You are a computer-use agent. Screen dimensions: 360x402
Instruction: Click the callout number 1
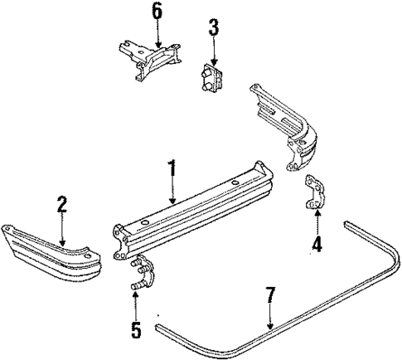tap(172, 172)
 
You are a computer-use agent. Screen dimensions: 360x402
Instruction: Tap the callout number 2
tap(61, 203)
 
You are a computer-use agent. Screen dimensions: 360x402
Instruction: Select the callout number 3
tap(214, 27)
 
